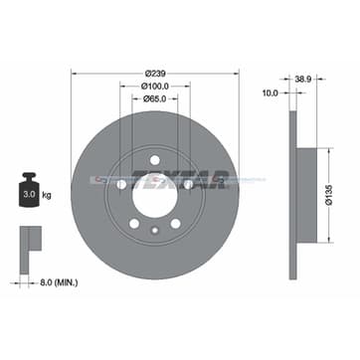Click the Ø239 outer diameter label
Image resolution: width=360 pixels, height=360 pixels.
[x=155, y=74]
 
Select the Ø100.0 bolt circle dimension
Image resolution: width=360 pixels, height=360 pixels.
[x=155, y=87]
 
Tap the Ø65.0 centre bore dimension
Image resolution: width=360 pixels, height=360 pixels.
[x=155, y=98]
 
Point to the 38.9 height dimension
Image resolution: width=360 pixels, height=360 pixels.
[x=303, y=80]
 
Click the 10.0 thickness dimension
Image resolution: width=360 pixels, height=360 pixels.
[x=270, y=93]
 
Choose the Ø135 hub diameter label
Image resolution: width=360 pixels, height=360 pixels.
[x=329, y=196]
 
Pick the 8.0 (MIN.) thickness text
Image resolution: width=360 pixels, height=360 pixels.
[x=59, y=283]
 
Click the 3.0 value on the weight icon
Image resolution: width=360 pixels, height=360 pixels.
[x=30, y=194]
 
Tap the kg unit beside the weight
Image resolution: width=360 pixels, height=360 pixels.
[x=47, y=195]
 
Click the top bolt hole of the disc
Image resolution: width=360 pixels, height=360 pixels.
[x=155, y=160]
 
